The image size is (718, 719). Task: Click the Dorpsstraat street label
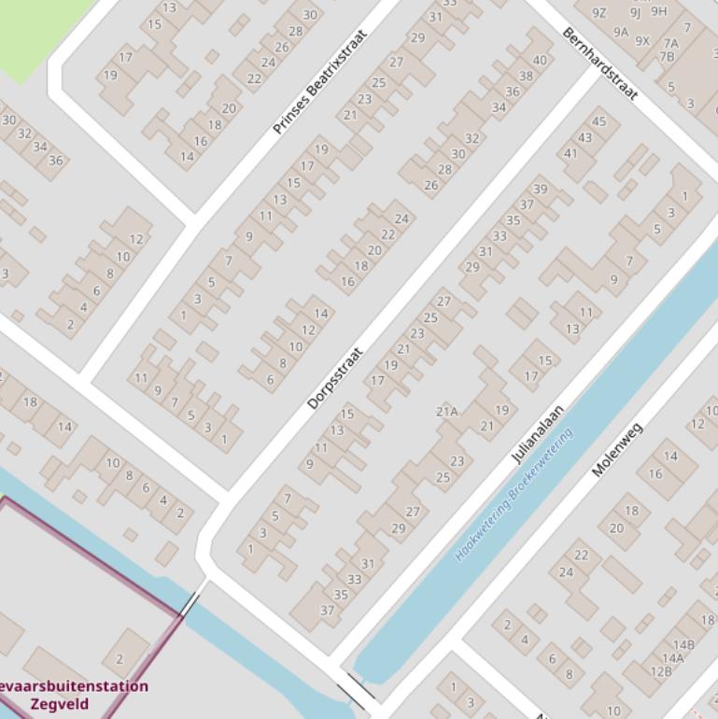(x=334, y=379)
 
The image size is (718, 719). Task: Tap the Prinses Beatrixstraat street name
(x=320, y=82)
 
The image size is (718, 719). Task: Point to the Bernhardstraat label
(x=599, y=63)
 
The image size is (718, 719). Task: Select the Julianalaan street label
(x=538, y=434)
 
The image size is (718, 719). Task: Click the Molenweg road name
(x=618, y=449)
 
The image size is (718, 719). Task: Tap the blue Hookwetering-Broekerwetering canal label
(x=514, y=495)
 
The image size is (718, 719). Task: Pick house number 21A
(x=446, y=411)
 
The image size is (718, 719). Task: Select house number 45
(x=599, y=121)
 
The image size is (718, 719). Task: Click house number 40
(x=539, y=61)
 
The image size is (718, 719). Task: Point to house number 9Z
(x=599, y=13)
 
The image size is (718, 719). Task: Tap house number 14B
(x=683, y=644)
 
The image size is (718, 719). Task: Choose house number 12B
(x=661, y=670)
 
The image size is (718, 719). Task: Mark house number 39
(x=540, y=190)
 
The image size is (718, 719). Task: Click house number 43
(x=585, y=137)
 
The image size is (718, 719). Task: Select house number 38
(x=526, y=77)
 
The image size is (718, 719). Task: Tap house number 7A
(x=670, y=43)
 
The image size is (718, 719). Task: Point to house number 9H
(x=659, y=11)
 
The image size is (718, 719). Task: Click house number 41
(x=570, y=154)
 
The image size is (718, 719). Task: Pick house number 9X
(x=642, y=41)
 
